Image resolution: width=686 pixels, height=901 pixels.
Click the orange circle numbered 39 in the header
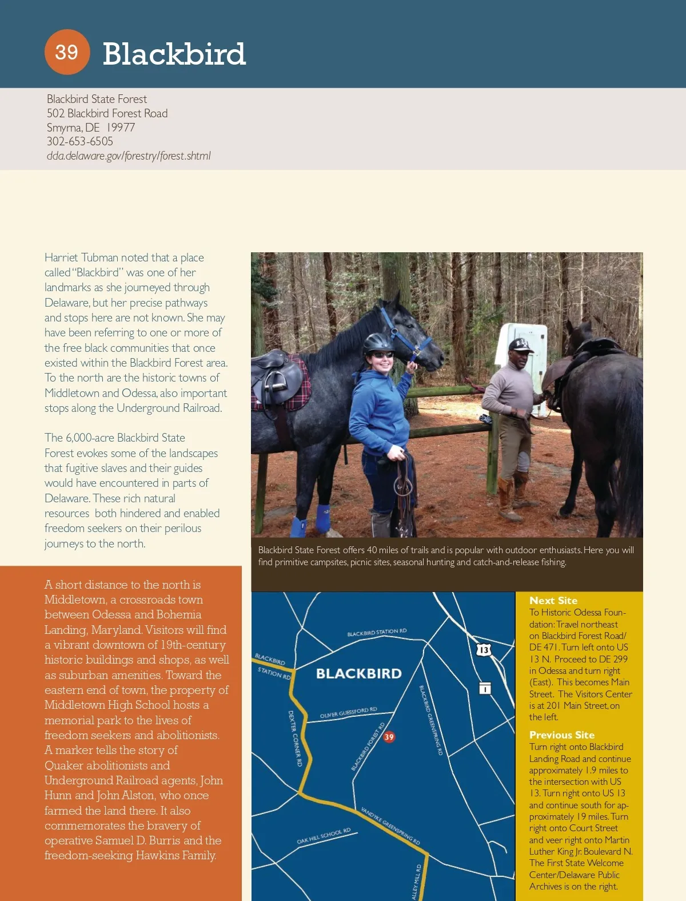[x=67, y=52]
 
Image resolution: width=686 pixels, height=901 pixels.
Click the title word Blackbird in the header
[x=174, y=54]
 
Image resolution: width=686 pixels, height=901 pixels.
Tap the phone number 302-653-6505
[x=80, y=141]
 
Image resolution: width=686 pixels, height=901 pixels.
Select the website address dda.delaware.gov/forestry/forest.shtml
[x=129, y=156]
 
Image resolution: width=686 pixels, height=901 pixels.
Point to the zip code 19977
[x=121, y=127]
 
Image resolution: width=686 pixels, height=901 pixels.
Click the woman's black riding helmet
[x=378, y=343]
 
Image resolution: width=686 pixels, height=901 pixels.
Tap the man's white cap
[x=520, y=345]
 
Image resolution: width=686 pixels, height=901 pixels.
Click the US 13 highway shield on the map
[x=484, y=649]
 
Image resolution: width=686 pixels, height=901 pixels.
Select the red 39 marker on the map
[x=389, y=737]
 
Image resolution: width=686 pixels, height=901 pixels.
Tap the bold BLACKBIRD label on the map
[x=359, y=673]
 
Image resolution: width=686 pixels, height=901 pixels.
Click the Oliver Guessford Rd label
[x=348, y=712]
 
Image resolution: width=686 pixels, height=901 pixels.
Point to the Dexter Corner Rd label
[x=295, y=738]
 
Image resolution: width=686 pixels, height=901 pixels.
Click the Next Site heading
[x=553, y=600]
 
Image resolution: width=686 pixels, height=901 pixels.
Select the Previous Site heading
[x=561, y=735]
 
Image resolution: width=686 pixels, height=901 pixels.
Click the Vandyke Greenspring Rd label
[x=390, y=825]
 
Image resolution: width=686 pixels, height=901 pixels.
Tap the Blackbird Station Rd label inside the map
[x=377, y=632]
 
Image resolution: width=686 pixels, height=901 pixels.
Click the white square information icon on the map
[x=485, y=688]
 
